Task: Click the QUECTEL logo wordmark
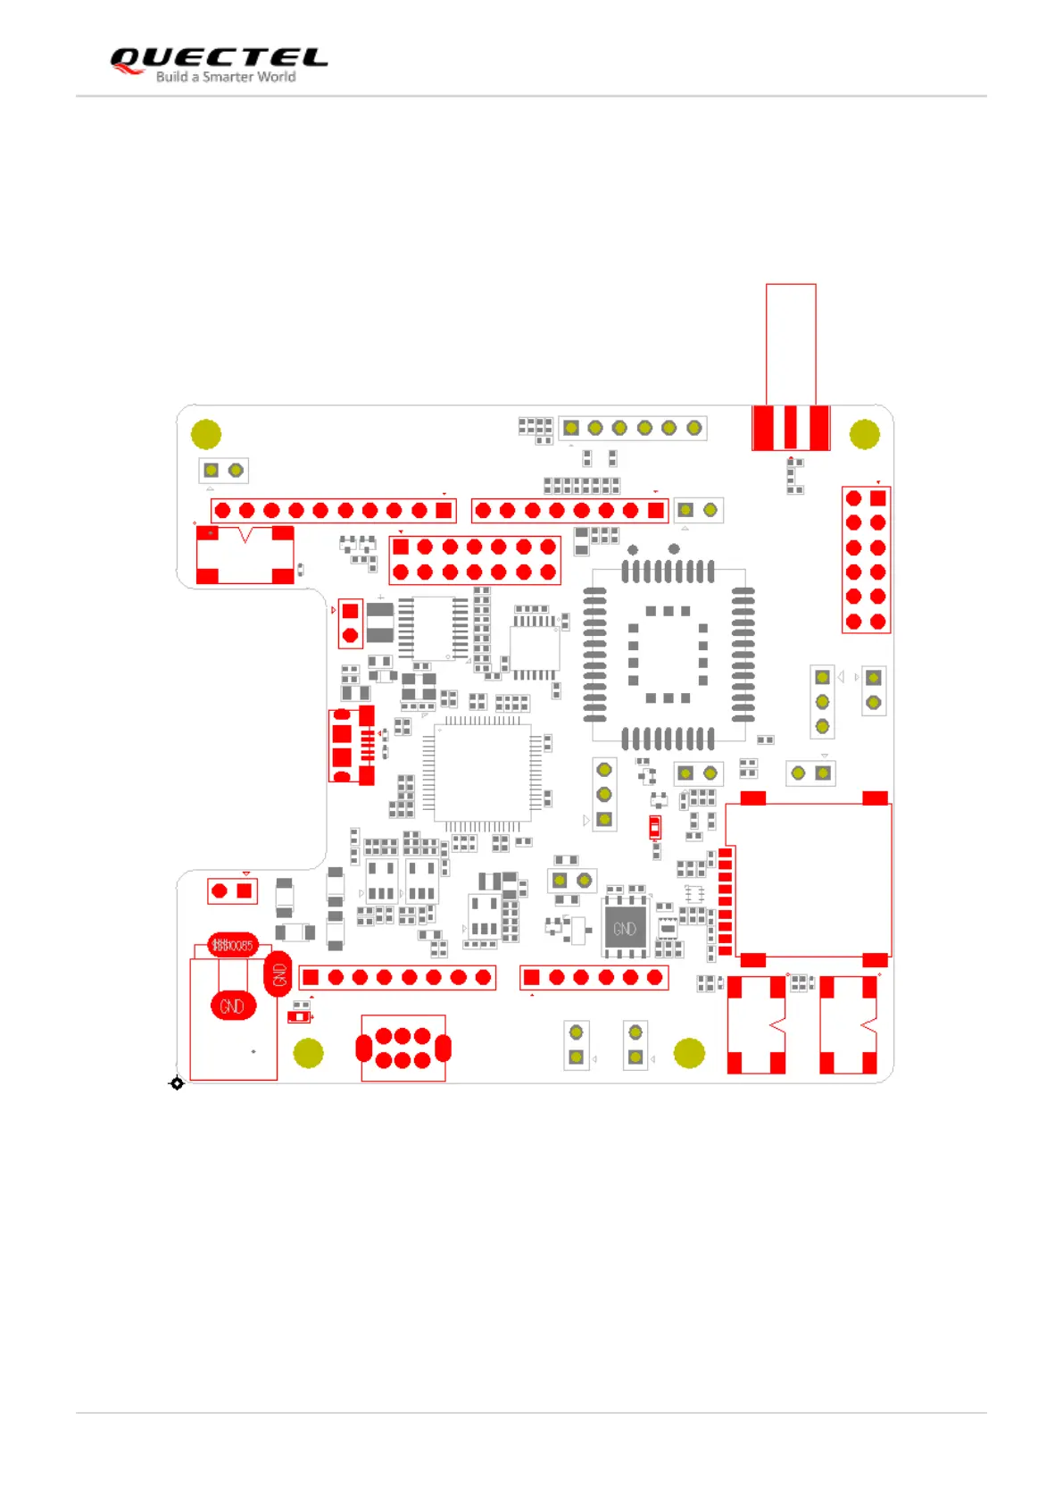click(219, 58)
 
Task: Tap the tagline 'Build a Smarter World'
click(226, 78)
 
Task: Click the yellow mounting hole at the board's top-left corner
click(206, 434)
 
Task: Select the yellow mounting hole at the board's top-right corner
click(864, 434)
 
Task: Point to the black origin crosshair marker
click(177, 1083)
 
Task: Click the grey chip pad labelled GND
click(625, 929)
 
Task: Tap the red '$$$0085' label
click(232, 945)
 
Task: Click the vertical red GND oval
click(278, 974)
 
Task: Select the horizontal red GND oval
click(232, 1007)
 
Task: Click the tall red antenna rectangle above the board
click(791, 344)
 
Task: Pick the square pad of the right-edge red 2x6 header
click(878, 498)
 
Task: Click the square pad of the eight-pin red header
click(311, 977)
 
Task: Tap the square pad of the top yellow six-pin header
click(571, 428)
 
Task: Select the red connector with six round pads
click(403, 1048)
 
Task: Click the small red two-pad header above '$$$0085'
click(232, 890)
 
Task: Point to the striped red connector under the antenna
click(791, 427)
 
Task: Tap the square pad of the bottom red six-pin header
click(532, 977)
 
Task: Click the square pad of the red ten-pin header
click(444, 510)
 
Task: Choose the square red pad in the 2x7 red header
click(401, 547)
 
